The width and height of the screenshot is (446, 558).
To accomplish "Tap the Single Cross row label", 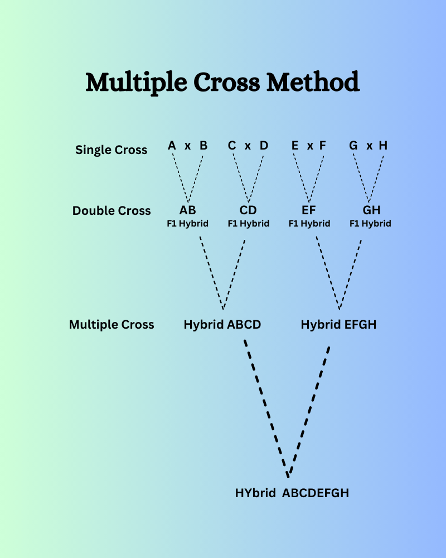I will click(x=111, y=150).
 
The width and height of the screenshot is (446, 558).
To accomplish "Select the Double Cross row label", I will click(x=111, y=211).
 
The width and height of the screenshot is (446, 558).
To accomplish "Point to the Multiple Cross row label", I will click(x=111, y=324).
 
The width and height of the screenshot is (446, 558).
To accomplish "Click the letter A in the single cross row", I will click(x=172, y=146).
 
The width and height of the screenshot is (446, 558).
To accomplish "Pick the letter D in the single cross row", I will click(x=264, y=146).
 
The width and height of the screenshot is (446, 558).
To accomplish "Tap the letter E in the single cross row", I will click(x=295, y=146).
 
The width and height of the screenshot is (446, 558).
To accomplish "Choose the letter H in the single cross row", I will click(x=382, y=146).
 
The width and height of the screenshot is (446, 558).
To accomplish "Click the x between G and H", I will click(x=369, y=146).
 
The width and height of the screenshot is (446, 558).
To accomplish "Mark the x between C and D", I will click(x=248, y=146).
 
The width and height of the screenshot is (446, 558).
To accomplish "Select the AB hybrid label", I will click(x=188, y=211).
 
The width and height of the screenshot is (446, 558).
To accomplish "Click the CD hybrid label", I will click(x=248, y=211).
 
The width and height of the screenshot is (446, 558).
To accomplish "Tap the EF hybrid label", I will click(x=309, y=211).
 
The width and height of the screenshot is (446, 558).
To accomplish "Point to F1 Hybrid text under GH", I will click(x=370, y=224).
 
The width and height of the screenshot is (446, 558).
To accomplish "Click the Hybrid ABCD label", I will click(x=222, y=324).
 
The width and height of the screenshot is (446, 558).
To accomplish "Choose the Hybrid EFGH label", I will click(x=338, y=324).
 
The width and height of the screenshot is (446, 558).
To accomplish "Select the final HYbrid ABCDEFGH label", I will click(x=292, y=493).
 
